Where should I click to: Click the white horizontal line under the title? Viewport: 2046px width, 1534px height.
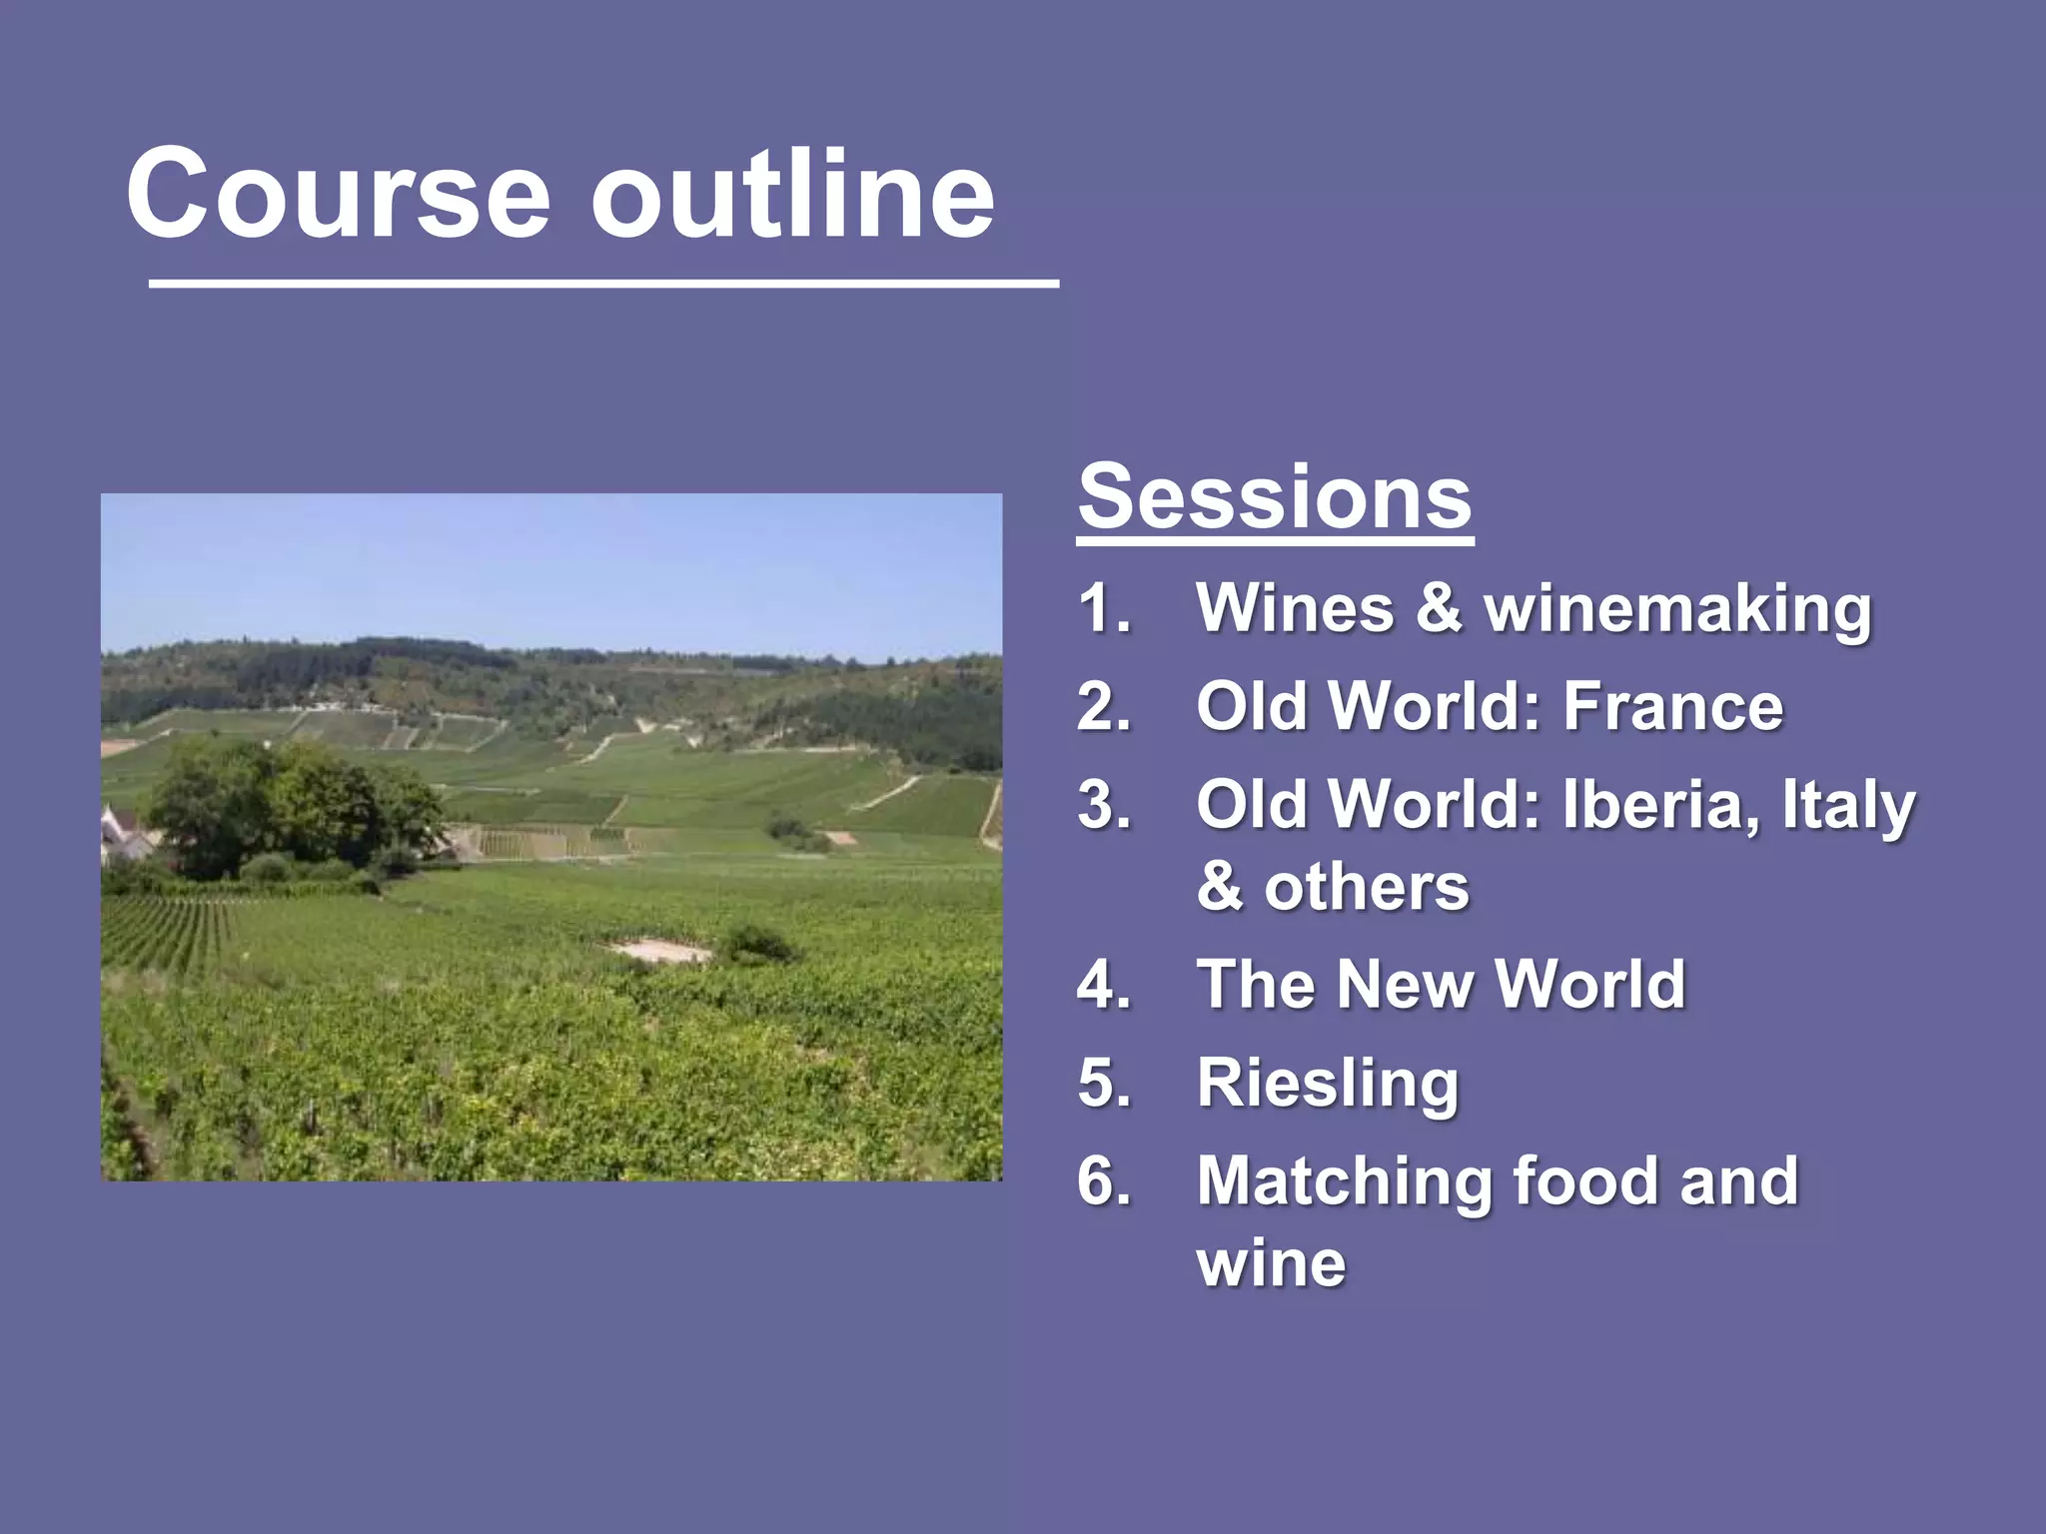603,286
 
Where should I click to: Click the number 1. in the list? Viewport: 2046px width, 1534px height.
1104,608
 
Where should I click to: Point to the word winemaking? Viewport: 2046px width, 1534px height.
1677,608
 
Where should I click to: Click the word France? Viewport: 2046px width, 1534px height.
1672,706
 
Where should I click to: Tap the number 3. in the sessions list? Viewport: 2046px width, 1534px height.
1104,805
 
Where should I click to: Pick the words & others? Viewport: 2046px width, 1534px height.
1333,887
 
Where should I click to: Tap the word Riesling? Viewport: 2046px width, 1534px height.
1328,1085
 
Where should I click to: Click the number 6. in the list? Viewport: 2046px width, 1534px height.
1104,1181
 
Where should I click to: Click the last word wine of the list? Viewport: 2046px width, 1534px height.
1271,1264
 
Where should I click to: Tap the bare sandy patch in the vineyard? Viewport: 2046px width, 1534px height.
660,950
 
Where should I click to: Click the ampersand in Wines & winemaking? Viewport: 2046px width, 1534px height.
1438,608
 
